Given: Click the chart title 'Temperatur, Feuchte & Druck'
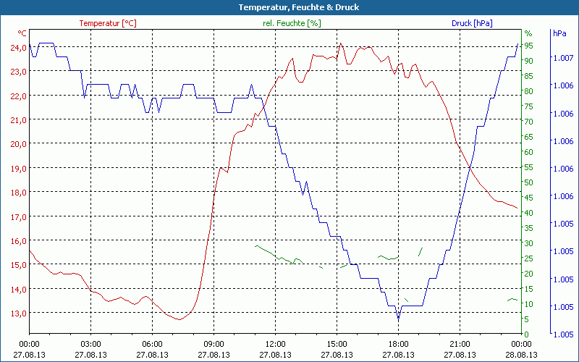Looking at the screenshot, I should click(289, 7).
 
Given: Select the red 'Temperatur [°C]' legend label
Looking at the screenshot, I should click(108, 23).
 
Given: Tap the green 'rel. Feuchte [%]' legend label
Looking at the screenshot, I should click(292, 23).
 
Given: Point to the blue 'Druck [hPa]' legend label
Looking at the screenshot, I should click(471, 23).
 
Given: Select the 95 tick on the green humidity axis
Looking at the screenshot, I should click(529, 46).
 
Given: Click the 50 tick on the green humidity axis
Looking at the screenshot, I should click(529, 182).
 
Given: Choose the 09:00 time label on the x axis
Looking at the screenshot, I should click(214, 344).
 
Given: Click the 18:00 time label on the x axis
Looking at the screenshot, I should click(398, 344).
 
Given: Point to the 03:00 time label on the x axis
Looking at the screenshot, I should click(90, 344).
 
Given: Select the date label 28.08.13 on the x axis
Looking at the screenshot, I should click(522, 355).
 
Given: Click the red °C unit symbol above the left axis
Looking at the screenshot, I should click(22, 33).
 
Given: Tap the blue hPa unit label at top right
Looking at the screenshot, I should click(559, 33).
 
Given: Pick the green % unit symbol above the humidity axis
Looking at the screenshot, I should click(528, 33).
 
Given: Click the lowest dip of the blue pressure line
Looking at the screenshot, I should click(398, 317).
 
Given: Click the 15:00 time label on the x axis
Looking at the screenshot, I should click(337, 344).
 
